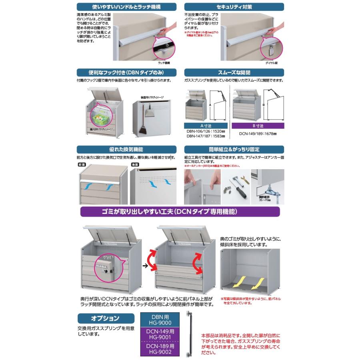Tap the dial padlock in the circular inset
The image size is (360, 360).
[271, 49]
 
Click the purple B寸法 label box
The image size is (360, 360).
[258, 126]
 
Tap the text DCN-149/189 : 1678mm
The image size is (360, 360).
[258, 134]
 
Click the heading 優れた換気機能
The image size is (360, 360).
[126, 149]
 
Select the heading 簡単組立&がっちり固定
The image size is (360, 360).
[234, 149]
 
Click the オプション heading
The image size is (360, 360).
[104, 318]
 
